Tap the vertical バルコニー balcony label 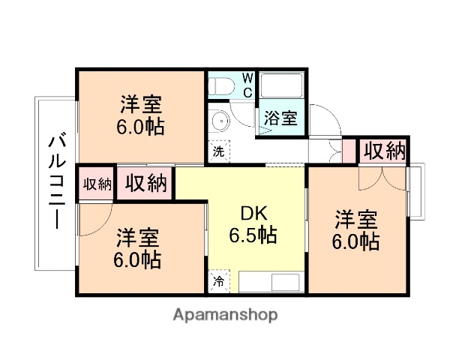click(x=55, y=181)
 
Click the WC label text click(x=247, y=85)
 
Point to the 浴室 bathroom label click(x=280, y=118)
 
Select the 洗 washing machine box click(x=217, y=150)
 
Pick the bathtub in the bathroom click(x=282, y=86)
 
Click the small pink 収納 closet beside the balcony click(x=96, y=183)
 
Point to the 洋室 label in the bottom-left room click(x=137, y=238)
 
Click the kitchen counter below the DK click(x=266, y=283)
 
